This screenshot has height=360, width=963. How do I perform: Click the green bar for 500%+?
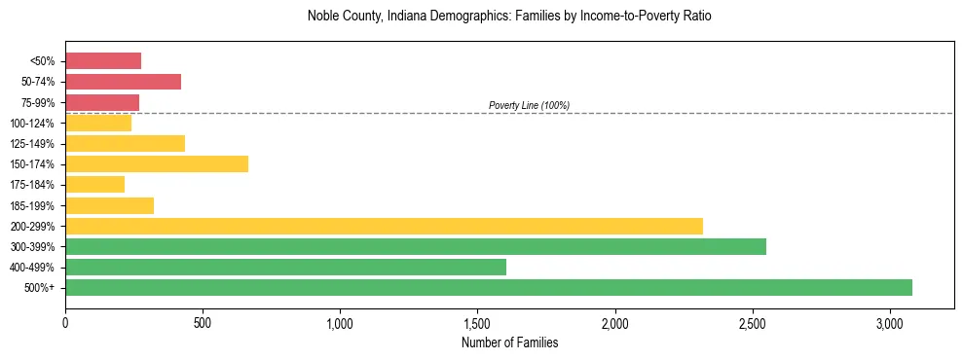tap(489, 287)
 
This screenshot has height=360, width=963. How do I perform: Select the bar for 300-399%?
tap(416, 246)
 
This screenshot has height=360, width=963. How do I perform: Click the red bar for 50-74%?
tap(123, 82)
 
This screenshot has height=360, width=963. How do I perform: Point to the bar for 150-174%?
tap(157, 163)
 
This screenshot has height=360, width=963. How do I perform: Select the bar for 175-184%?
tap(94, 184)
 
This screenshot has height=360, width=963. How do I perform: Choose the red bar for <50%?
tap(103, 61)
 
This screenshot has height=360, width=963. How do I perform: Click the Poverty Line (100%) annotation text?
tap(529, 105)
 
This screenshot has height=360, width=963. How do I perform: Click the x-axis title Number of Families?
tap(509, 342)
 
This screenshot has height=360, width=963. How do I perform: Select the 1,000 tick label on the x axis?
tap(340, 323)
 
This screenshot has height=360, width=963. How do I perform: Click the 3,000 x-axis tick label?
tap(890, 323)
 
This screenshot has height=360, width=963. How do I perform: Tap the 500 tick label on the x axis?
tap(203, 323)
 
